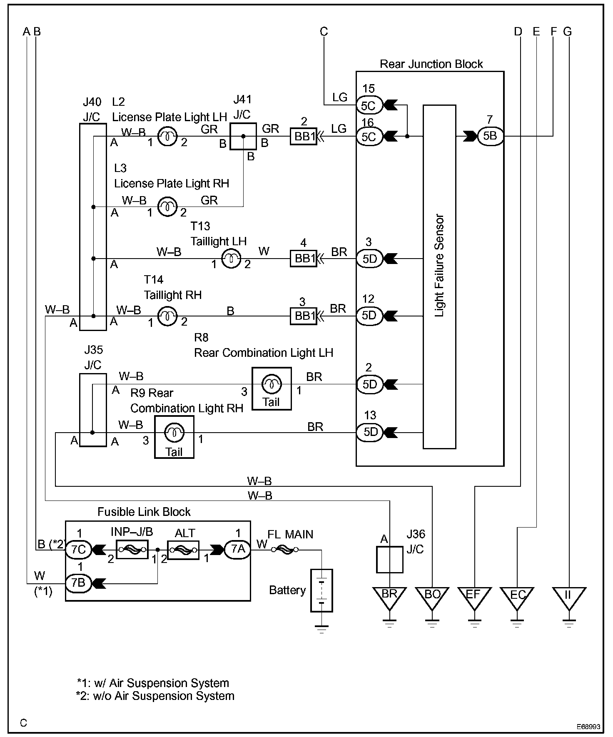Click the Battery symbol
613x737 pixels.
pos(321,590)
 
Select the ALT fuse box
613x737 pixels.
pos(183,550)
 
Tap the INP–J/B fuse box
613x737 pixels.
pos(132,550)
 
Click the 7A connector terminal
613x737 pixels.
pos(238,549)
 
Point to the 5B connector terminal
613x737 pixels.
pos(491,136)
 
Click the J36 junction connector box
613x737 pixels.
pos(390,560)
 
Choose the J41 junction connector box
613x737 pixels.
pos(243,136)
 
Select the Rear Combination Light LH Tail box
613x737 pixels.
pos(272,388)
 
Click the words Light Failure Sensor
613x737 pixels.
pos(439,266)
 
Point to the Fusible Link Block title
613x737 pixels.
pos(144,512)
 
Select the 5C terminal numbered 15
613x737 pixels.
pos(369,105)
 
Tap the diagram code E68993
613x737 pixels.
pos(588,727)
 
